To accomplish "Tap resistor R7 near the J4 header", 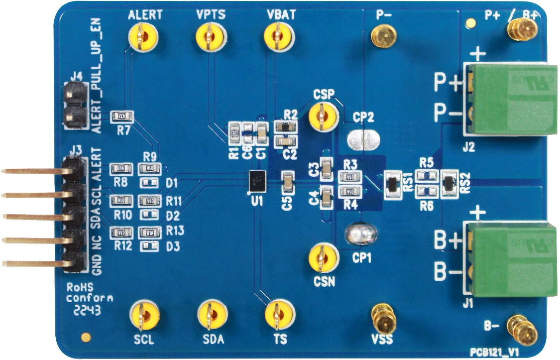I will point(122,117).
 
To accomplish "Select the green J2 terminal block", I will point(513,99).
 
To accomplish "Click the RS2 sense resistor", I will point(449,183).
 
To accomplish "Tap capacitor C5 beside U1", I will point(288,183).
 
